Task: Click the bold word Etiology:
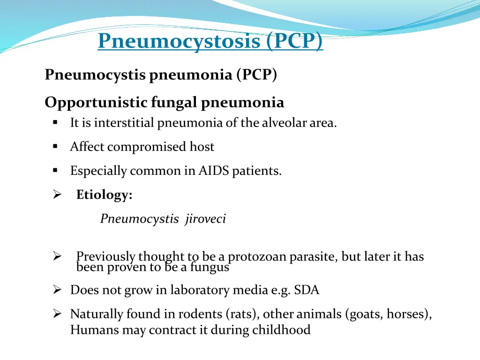tap(104, 195)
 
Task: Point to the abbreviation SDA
tap(307, 290)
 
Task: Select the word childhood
tap(281, 330)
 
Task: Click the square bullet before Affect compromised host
tap(55, 147)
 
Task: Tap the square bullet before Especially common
tap(55, 171)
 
